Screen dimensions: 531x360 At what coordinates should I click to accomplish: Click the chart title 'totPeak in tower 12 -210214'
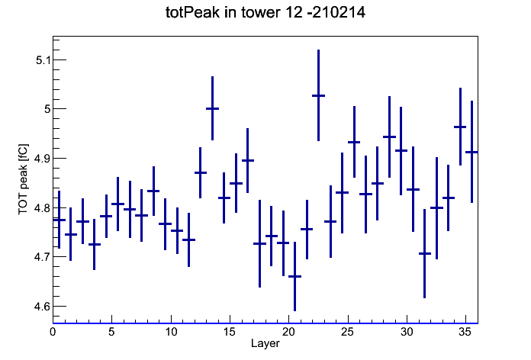pos(265,12)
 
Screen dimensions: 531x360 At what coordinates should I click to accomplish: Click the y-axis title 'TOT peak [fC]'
pos(24,179)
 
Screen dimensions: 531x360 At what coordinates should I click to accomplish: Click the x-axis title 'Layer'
pos(265,343)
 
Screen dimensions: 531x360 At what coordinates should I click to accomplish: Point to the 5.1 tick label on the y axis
pos(43,60)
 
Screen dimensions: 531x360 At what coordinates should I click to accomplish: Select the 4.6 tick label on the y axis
pos(42,307)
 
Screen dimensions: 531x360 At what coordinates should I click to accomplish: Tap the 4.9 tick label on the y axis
pos(42,159)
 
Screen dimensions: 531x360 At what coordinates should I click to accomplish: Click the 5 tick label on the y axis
pos(47,109)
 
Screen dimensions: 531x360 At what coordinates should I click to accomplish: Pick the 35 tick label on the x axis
pos(465,332)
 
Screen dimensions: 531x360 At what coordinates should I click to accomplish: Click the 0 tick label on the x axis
pos(53,332)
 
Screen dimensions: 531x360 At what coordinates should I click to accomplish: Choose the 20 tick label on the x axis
pos(288,332)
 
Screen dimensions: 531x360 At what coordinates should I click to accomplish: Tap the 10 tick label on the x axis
pos(171,332)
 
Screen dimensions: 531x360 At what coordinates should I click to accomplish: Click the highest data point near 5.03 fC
pos(318,95)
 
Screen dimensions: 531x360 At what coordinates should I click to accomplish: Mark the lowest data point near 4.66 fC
pos(294,276)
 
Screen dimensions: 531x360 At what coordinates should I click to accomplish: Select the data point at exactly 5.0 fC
pos(212,108)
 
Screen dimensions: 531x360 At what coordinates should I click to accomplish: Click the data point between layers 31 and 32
pos(424,253)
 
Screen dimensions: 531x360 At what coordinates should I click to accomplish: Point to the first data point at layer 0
pos(60,220)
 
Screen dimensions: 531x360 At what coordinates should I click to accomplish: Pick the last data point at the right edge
pos(471,152)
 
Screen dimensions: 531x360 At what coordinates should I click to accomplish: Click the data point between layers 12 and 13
pos(201,172)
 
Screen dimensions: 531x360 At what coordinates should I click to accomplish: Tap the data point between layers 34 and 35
pos(460,127)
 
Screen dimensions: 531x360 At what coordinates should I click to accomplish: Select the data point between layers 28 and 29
pos(389,137)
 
